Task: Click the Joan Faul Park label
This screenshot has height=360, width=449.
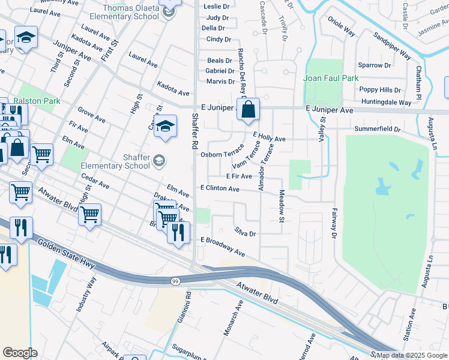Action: [331, 78]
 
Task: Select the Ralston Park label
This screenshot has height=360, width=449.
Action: [37, 101]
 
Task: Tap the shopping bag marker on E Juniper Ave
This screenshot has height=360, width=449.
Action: [247, 110]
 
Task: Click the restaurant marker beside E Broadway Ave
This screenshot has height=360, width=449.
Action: [178, 232]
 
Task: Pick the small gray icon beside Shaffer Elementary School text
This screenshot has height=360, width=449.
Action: [158, 160]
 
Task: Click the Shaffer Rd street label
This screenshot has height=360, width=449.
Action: [194, 133]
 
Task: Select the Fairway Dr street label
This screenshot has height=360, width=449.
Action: [333, 222]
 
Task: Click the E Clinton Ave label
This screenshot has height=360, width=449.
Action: [220, 188]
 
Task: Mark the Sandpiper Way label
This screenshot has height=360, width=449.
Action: [391, 46]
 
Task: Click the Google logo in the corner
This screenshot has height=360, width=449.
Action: [20, 353]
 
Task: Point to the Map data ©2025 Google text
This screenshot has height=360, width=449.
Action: [411, 355]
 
